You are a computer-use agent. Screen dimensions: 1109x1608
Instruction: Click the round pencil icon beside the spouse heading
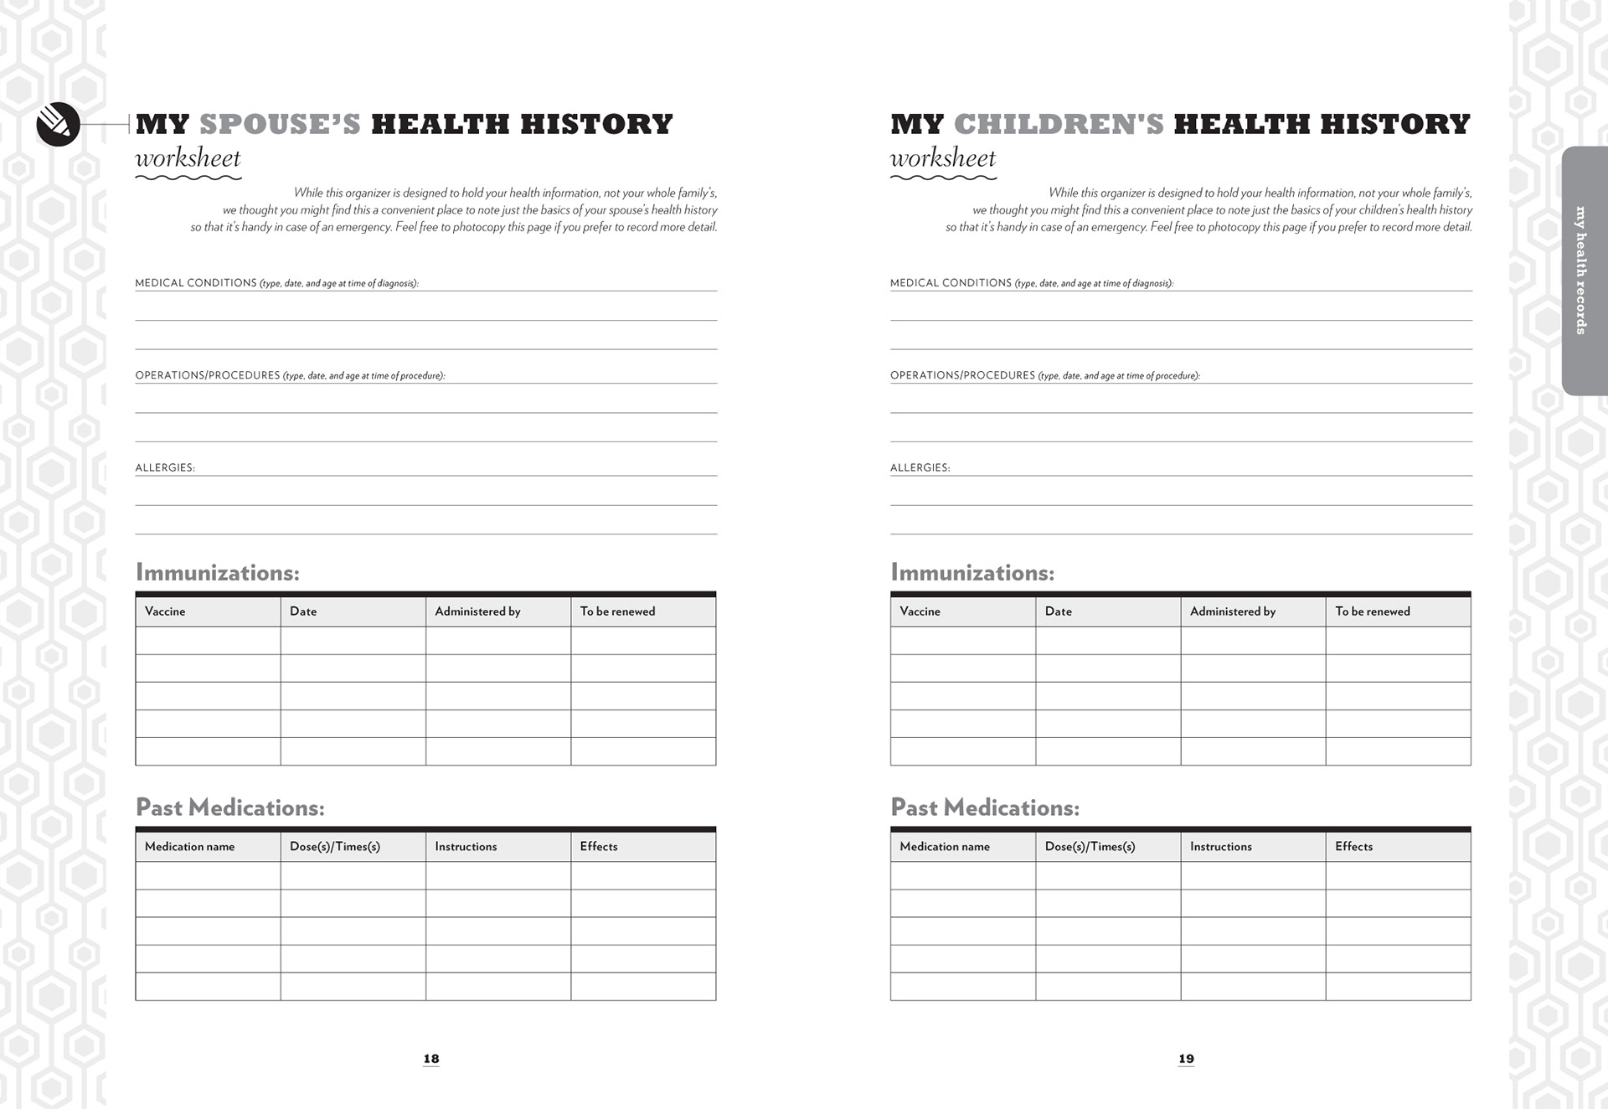(58, 125)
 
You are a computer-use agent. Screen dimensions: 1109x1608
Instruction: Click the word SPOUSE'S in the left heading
(280, 124)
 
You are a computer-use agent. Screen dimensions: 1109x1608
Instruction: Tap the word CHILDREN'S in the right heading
(1059, 124)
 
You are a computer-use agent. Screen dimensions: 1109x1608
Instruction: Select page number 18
(431, 1059)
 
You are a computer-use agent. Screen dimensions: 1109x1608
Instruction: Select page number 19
(1186, 1059)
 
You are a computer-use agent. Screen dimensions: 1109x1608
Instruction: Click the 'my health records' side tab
(1582, 271)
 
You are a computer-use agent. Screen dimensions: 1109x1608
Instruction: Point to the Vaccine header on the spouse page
(165, 611)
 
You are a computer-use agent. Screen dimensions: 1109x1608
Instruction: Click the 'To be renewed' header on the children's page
(1372, 611)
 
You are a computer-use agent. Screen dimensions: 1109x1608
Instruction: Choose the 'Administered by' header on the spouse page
(477, 611)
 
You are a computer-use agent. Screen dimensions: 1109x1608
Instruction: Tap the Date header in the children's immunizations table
(1058, 611)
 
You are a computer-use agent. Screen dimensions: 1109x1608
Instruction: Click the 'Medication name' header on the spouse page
(189, 847)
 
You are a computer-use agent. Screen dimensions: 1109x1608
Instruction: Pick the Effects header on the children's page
(1353, 847)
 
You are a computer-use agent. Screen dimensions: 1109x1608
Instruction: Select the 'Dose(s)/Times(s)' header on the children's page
(1090, 847)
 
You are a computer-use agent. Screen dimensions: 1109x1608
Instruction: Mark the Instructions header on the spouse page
(466, 847)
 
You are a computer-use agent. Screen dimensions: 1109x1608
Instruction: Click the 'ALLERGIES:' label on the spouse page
(165, 467)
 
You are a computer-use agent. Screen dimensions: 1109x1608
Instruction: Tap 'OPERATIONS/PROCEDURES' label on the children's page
(962, 375)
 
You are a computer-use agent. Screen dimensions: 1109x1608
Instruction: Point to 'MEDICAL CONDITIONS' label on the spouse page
(196, 283)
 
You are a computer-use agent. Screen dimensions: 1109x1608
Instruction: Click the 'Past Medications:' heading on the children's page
(984, 807)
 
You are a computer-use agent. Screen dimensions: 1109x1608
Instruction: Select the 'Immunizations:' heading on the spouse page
(217, 573)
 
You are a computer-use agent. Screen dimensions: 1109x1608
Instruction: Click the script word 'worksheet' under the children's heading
(942, 158)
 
